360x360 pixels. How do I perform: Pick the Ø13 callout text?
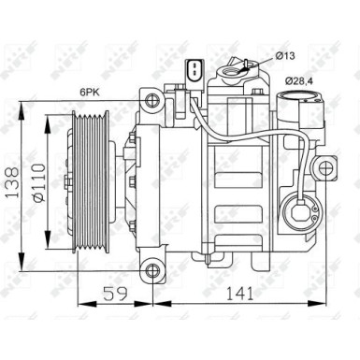coord(286,58)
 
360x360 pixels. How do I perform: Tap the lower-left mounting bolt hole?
coord(150,272)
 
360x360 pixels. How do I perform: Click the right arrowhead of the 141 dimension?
coord(330,304)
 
